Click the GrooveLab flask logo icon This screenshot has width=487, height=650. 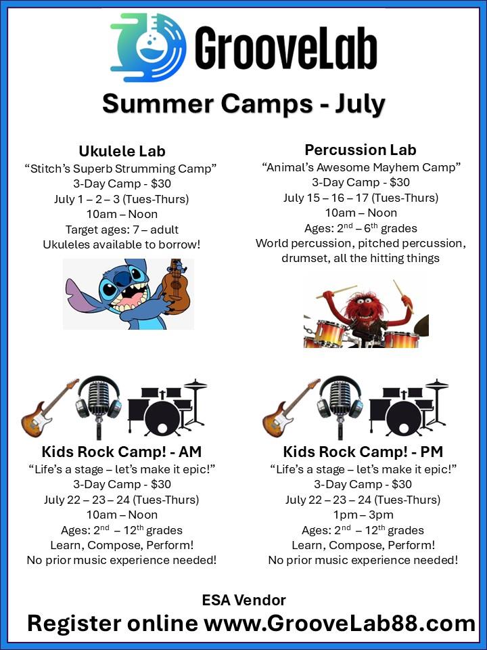tap(148, 47)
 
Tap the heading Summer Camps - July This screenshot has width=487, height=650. tap(243, 104)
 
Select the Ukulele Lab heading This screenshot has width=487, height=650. tap(122, 151)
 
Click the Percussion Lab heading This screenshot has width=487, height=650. tap(361, 150)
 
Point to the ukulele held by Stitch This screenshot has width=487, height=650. tap(175, 286)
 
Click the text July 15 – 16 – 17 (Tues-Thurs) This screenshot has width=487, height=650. tap(361, 198)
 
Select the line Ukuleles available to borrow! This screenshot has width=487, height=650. tap(122, 244)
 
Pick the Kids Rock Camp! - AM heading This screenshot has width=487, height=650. tap(122, 452)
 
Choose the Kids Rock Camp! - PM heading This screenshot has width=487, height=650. tap(363, 452)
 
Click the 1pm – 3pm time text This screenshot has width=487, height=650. tap(363, 515)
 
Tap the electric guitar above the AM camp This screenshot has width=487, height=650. tap(49, 408)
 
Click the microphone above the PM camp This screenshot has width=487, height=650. tap(340, 406)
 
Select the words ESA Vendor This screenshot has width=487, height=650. tap(244, 600)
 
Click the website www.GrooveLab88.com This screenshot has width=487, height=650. tap(340, 624)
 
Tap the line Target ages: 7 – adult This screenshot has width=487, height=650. tap(122, 230)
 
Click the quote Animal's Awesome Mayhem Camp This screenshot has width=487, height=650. tap(361, 167)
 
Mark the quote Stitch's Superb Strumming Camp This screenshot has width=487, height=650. tap(121, 169)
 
